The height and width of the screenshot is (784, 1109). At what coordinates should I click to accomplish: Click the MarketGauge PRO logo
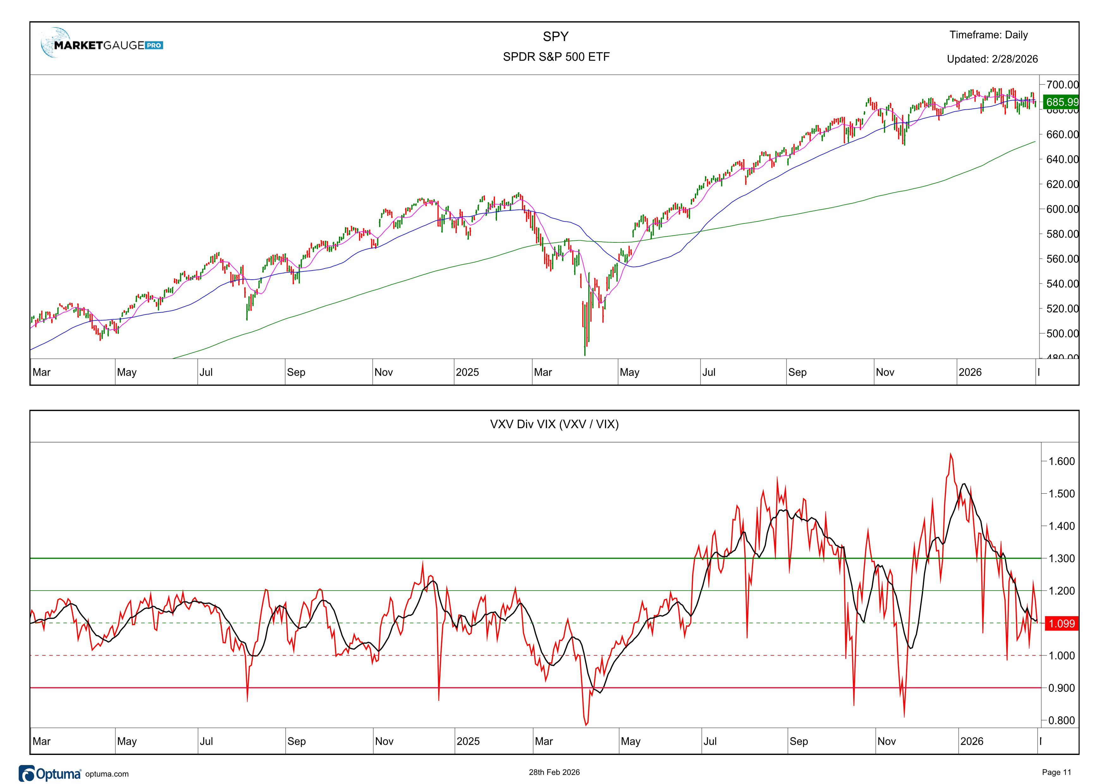102,45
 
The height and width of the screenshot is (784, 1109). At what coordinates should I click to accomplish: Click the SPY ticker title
555,37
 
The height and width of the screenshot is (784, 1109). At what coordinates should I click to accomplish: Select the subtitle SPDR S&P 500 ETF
556,57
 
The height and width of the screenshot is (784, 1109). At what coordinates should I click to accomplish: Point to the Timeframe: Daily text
988,35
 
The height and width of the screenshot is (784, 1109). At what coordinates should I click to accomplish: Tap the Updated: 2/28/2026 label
992,59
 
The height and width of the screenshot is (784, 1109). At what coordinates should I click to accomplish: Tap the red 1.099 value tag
1062,623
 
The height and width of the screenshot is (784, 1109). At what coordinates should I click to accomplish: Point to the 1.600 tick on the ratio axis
1061,461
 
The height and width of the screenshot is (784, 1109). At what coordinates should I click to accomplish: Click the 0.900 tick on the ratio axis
1061,688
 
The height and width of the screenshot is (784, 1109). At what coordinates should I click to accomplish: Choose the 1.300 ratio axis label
1061,559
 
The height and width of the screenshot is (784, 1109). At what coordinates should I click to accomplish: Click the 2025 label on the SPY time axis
467,372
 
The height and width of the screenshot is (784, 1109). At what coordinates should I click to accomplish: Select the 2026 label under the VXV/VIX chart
971,741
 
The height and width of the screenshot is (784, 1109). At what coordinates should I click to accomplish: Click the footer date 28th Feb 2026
554,772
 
